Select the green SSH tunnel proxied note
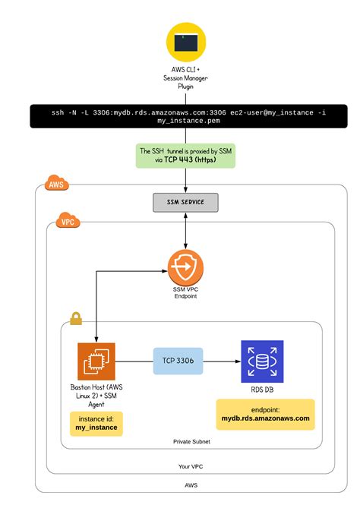[186, 156]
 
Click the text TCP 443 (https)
[186, 160]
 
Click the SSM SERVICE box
[186, 203]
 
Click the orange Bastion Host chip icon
[96, 361]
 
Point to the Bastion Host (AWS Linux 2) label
[96, 396]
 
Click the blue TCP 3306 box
[178, 361]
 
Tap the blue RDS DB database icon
[262, 361]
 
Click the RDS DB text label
[262, 390]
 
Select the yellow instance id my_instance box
[96, 424]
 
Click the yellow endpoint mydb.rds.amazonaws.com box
[265, 414]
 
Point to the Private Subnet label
[191, 440]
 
